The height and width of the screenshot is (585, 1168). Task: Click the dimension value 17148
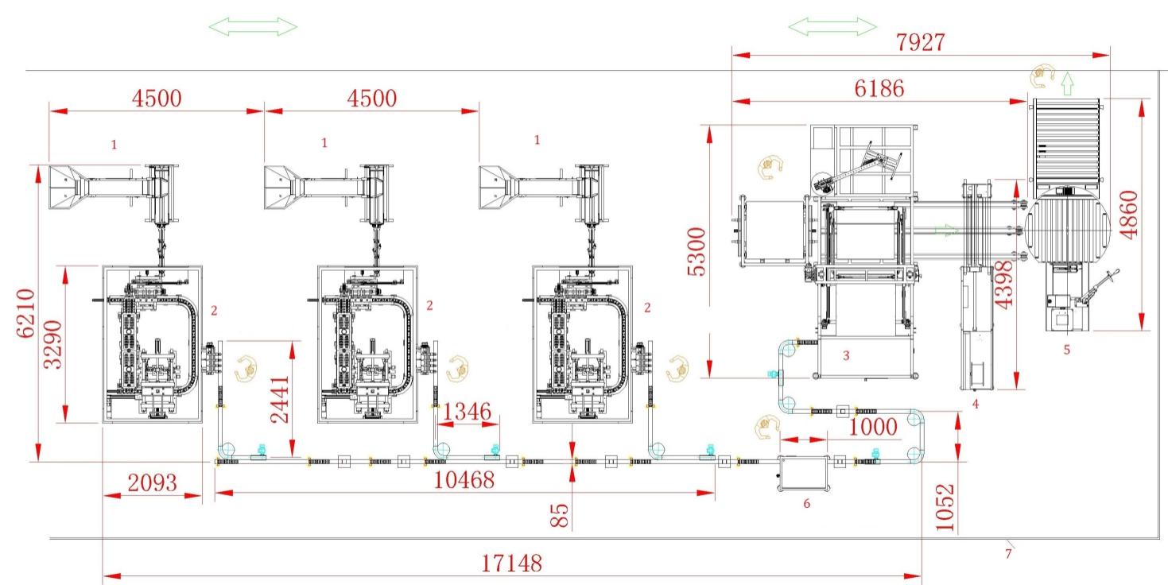pyautogui.click(x=511, y=564)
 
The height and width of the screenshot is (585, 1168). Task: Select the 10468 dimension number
pyautogui.click(x=464, y=480)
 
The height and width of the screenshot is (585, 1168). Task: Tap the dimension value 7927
pyautogui.click(x=922, y=42)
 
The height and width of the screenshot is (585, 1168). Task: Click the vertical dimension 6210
pyautogui.click(x=26, y=313)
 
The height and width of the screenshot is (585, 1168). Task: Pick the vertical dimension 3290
pyautogui.click(x=53, y=344)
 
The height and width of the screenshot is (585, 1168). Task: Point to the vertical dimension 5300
pyautogui.click(x=696, y=251)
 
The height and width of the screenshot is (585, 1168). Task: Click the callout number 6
pyautogui.click(x=807, y=504)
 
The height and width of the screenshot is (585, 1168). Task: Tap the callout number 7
pyautogui.click(x=1008, y=554)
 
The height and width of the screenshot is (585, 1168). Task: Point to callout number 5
pyautogui.click(x=1067, y=347)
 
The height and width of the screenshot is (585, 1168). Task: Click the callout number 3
pyautogui.click(x=846, y=355)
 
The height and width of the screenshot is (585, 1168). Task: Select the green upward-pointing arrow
pyautogui.click(x=1067, y=79)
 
